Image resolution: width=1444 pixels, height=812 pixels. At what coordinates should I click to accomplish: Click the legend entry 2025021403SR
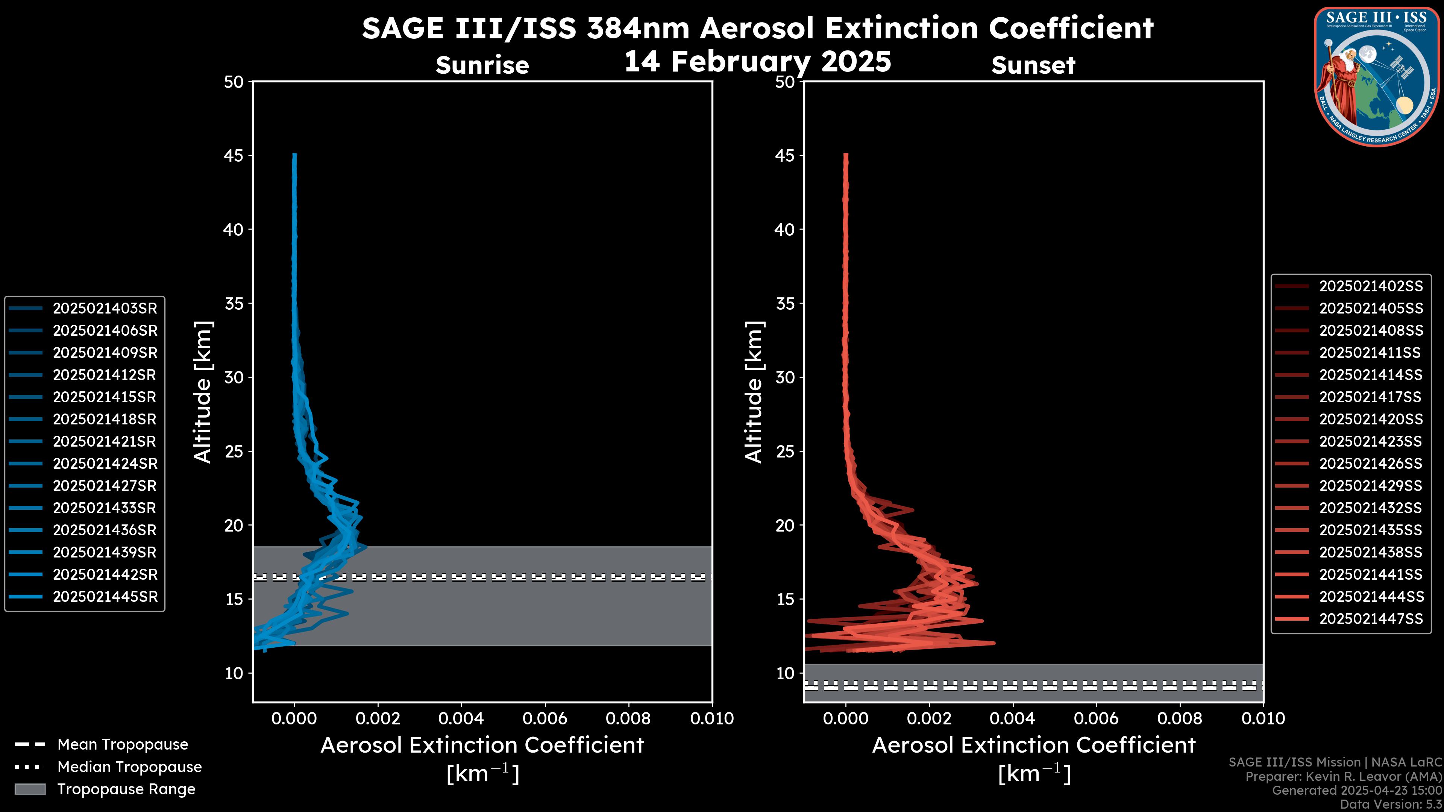coord(105,308)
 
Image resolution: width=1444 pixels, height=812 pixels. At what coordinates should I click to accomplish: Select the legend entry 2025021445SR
coord(105,597)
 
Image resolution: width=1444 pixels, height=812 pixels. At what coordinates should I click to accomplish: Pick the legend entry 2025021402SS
coord(1371,286)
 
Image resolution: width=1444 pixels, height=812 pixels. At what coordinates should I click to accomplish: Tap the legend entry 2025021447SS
coord(1371,619)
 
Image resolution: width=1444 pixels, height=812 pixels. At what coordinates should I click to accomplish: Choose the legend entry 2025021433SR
coord(105,508)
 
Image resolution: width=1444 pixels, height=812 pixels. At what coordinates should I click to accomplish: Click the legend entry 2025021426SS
coord(1371,464)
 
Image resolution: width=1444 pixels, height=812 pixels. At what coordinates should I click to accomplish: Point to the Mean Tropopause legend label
coord(123,744)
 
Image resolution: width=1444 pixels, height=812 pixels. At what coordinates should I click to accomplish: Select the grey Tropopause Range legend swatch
coord(30,789)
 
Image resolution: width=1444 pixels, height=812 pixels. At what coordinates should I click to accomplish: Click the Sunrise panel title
coord(482,65)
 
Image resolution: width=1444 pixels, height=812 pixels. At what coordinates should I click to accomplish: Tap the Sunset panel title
coord(1033,65)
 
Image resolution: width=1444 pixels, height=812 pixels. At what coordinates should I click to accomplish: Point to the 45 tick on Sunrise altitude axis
coord(234,155)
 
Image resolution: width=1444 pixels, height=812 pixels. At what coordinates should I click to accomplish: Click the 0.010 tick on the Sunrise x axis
coord(711,718)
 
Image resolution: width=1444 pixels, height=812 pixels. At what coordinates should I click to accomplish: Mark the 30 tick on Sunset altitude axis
coord(785,377)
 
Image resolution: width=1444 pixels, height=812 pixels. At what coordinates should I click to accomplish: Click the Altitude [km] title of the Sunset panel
coord(754,392)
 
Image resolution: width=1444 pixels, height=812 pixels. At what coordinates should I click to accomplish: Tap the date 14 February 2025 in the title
coord(757,62)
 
